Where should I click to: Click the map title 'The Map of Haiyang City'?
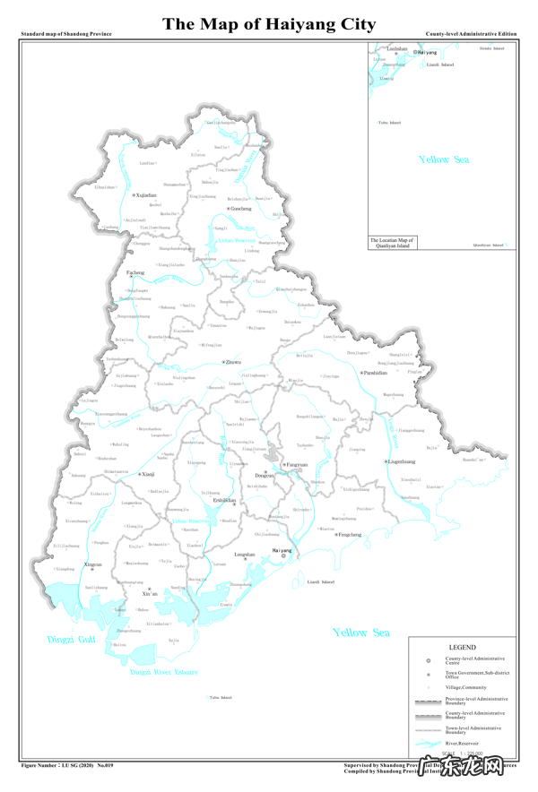pos(268,23)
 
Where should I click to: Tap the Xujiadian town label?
pos(146,194)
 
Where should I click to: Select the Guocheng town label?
pos(241,209)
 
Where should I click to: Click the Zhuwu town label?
pos(234,362)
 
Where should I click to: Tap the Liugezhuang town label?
pos(402,461)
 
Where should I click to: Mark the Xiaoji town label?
pos(149,474)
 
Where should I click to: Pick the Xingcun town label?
pos(92,564)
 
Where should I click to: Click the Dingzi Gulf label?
pos(71,640)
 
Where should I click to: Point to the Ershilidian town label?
pos(224,500)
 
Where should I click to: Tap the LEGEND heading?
pos(462,647)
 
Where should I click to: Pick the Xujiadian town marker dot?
pos(134,194)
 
